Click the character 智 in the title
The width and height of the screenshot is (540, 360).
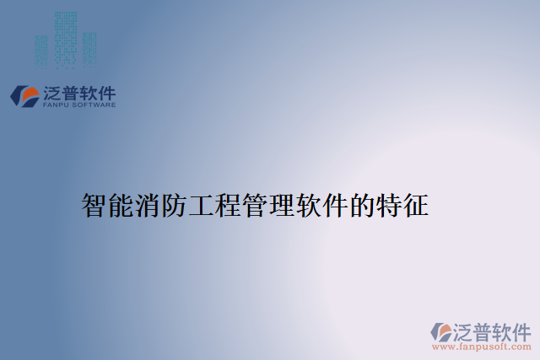click(94, 205)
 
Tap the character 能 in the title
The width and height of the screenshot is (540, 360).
click(121, 205)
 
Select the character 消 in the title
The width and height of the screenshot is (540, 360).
click(148, 205)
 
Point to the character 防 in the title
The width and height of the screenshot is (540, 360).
click(175, 205)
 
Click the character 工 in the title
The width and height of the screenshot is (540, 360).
click(202, 205)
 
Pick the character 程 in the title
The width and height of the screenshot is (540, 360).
click(229, 205)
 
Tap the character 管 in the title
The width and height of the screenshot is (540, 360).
click(256, 205)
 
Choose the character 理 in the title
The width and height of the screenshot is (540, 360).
click(283, 205)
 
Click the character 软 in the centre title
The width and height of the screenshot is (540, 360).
click(309, 205)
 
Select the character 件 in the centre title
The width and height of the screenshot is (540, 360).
click(336, 205)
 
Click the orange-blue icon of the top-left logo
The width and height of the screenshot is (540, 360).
click(24, 94)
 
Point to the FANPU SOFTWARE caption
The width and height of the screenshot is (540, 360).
click(78, 105)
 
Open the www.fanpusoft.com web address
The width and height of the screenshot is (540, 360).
click(481, 347)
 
